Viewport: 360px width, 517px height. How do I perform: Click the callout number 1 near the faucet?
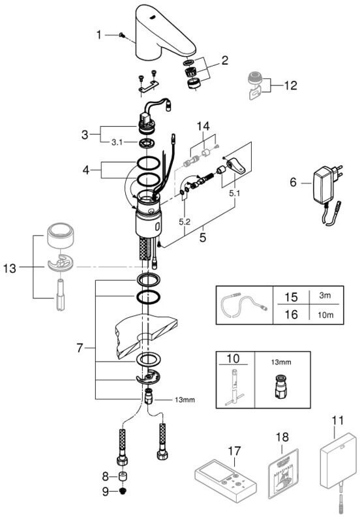click(99, 35)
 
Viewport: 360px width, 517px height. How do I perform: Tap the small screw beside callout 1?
click(121, 35)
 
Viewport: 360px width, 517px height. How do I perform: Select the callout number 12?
click(290, 86)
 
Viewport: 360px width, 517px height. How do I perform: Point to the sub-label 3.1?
click(117, 142)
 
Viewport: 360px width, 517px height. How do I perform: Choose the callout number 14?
click(203, 126)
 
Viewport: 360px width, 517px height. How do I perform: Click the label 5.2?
click(185, 222)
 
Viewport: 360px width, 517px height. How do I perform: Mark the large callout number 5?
click(203, 237)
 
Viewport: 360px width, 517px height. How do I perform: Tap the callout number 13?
click(10, 268)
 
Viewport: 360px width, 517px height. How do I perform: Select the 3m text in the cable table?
click(325, 295)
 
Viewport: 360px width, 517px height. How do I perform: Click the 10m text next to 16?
click(325, 315)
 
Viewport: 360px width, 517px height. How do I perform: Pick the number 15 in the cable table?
click(291, 297)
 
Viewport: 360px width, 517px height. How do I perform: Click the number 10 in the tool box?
click(233, 358)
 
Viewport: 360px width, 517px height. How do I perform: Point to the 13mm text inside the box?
click(281, 362)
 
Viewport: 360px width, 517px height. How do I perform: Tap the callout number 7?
click(80, 348)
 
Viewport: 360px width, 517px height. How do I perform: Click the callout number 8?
click(106, 476)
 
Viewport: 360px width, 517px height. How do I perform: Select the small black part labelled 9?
click(123, 492)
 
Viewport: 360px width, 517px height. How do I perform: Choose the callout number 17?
click(234, 451)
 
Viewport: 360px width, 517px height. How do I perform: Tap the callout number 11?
click(338, 421)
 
